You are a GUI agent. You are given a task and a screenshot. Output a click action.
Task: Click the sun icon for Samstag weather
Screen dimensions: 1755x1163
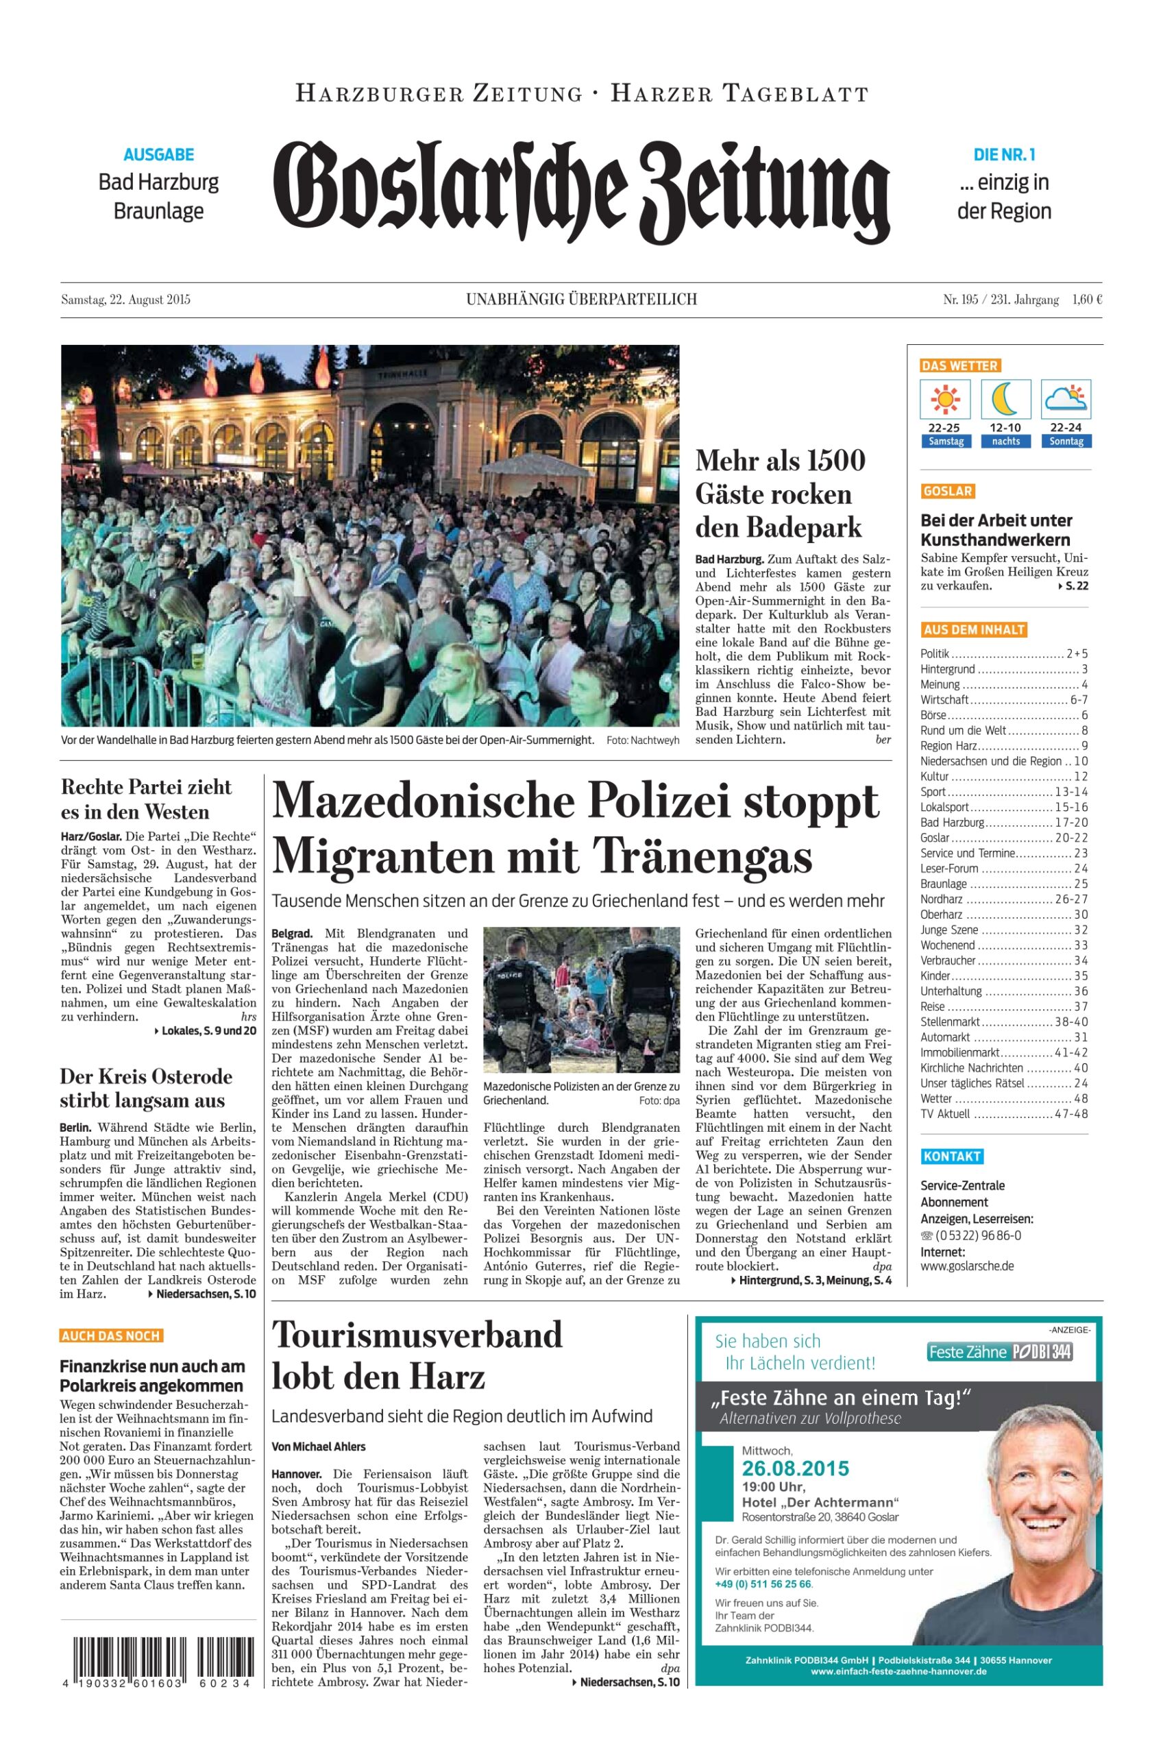coord(945,400)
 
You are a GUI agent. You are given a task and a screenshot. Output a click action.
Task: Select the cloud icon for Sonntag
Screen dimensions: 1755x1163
coord(1066,400)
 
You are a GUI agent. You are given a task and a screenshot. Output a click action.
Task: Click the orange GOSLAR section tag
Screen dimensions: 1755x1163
coord(947,491)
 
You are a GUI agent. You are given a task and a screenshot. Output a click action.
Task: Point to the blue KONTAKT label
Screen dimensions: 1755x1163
coord(953,1157)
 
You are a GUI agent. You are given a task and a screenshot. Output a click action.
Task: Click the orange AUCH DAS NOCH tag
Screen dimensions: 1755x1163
coord(110,1336)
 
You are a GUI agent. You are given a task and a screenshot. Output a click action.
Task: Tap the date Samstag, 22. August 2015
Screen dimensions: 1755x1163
coord(125,300)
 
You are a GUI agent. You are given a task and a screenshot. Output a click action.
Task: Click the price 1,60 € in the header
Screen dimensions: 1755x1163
coord(1087,300)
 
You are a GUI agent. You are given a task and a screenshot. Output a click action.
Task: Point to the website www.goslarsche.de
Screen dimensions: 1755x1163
coord(966,1266)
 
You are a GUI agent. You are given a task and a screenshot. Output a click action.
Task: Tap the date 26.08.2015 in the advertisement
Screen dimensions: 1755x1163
coord(795,1468)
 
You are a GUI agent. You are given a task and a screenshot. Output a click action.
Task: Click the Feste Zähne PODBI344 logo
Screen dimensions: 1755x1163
coord(1000,1351)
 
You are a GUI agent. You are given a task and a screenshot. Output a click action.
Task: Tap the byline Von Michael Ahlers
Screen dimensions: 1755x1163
coord(318,1447)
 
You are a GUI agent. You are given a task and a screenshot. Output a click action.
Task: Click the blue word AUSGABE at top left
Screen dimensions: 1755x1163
coord(159,154)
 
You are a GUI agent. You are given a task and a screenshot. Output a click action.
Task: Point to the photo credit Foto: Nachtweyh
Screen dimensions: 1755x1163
coord(642,740)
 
